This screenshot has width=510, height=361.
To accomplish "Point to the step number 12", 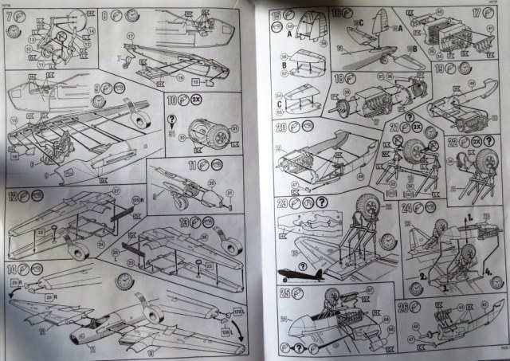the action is [x=13, y=196].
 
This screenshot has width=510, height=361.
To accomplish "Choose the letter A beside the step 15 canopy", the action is [x=277, y=34].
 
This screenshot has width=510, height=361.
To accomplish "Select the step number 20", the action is [x=280, y=128].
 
